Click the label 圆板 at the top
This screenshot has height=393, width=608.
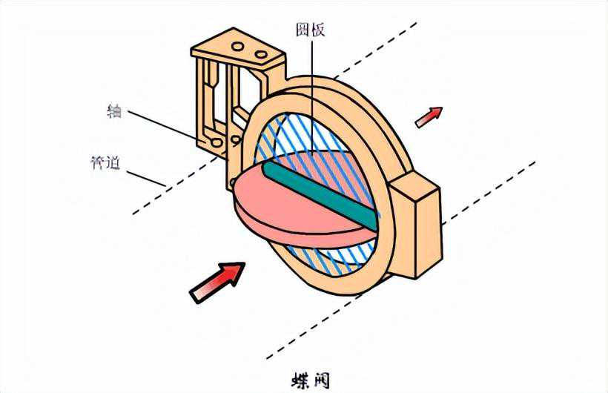(x=310, y=30)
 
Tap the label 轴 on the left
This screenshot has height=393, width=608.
(x=114, y=110)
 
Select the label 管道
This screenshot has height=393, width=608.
(x=105, y=163)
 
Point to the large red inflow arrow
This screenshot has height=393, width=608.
(x=217, y=283)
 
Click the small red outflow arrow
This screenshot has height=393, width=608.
(x=429, y=116)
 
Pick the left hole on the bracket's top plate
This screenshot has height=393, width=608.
(x=237, y=47)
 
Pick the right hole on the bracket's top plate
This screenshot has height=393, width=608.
(x=261, y=54)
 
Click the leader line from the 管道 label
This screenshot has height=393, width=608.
(x=147, y=179)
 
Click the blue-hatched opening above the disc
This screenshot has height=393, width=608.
(x=289, y=137)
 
